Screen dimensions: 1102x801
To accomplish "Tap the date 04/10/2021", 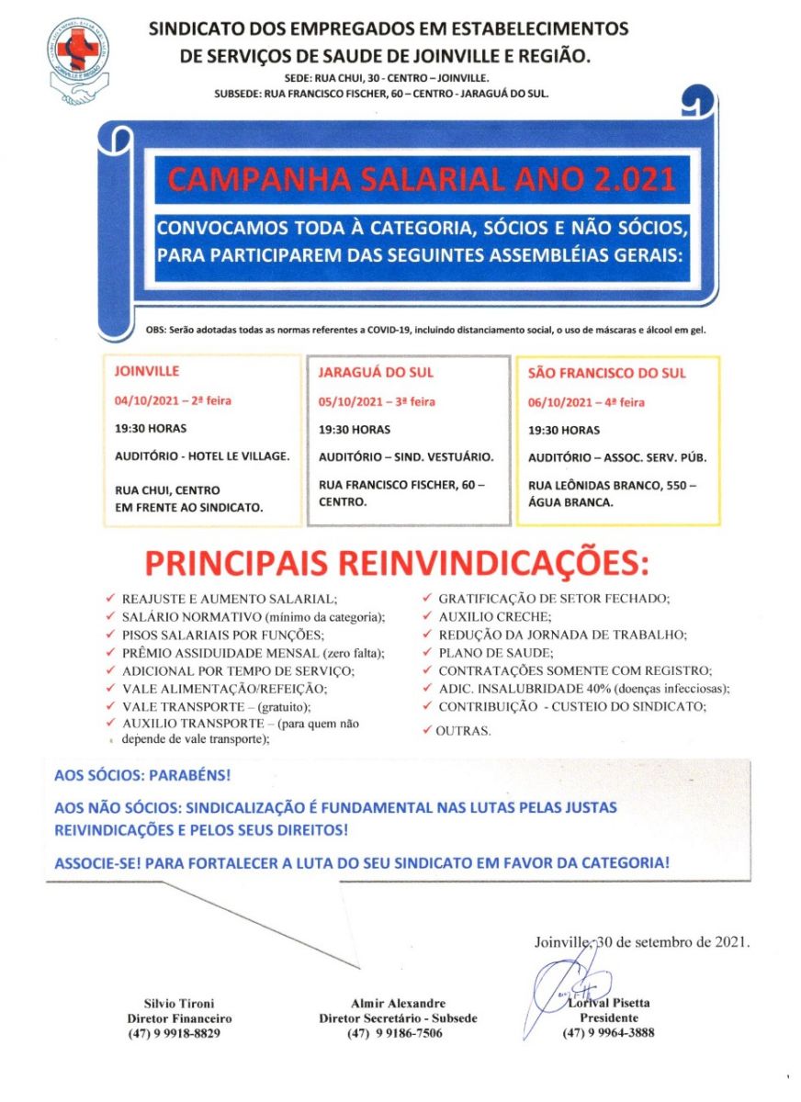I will [148, 401].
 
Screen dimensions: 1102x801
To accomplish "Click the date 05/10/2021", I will [351, 402].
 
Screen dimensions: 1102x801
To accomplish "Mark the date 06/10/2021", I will [560, 402].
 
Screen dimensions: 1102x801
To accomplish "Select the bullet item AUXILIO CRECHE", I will [494, 616].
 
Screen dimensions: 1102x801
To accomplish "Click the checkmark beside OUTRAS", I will [428, 731].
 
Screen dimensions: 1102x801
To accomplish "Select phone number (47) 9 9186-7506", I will [396, 1033].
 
